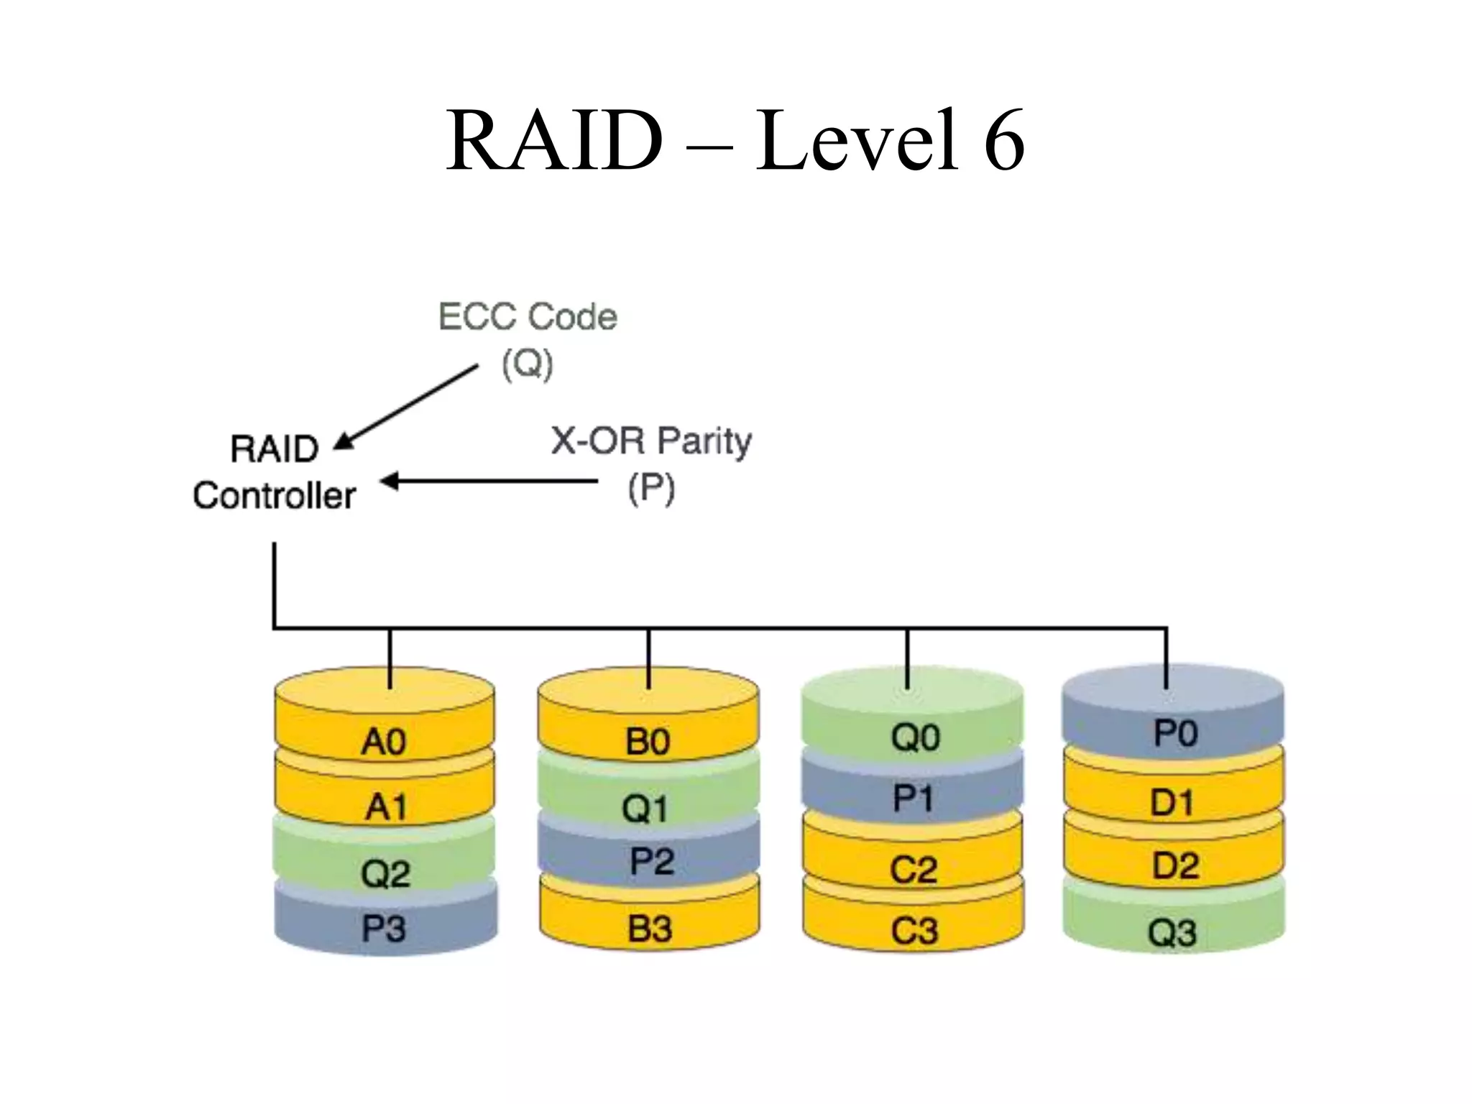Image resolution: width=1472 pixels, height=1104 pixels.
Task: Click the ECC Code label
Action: [x=528, y=317]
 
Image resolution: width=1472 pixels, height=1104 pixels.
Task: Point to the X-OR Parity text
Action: [x=650, y=441]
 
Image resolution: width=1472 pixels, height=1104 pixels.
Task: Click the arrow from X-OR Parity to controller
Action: [x=489, y=481]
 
